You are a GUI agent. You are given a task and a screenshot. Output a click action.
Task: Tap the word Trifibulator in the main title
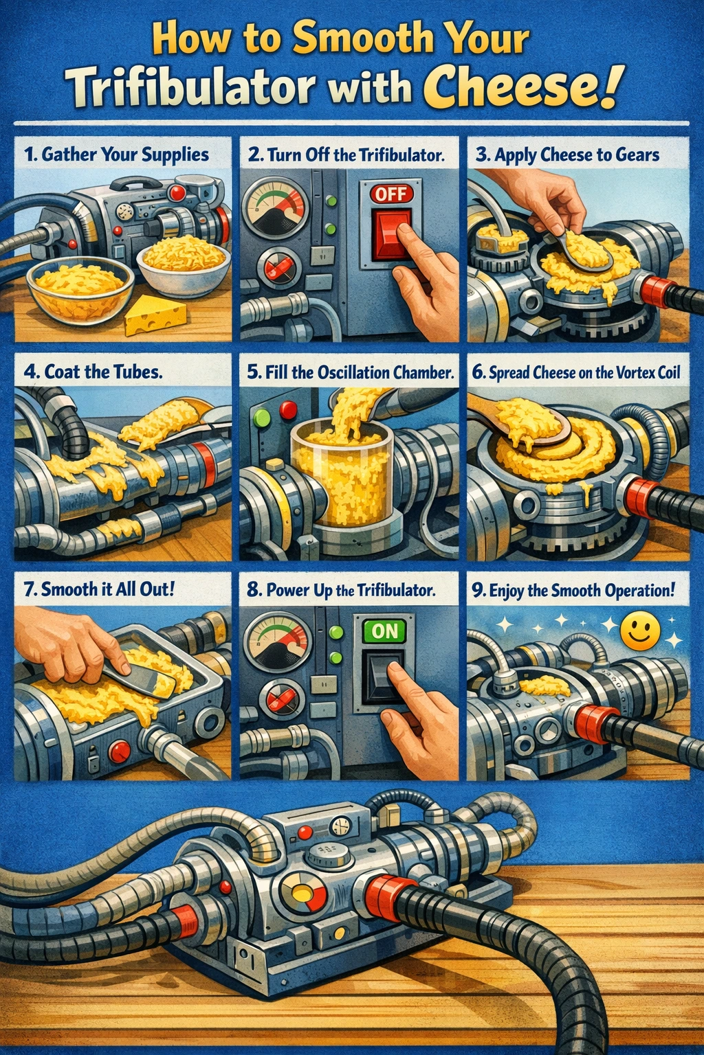tap(192, 88)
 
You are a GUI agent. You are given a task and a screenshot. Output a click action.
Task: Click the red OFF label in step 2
tap(391, 194)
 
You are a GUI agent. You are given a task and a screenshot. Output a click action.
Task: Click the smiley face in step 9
tap(641, 633)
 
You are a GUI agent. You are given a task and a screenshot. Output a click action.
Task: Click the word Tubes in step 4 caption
tap(138, 372)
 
